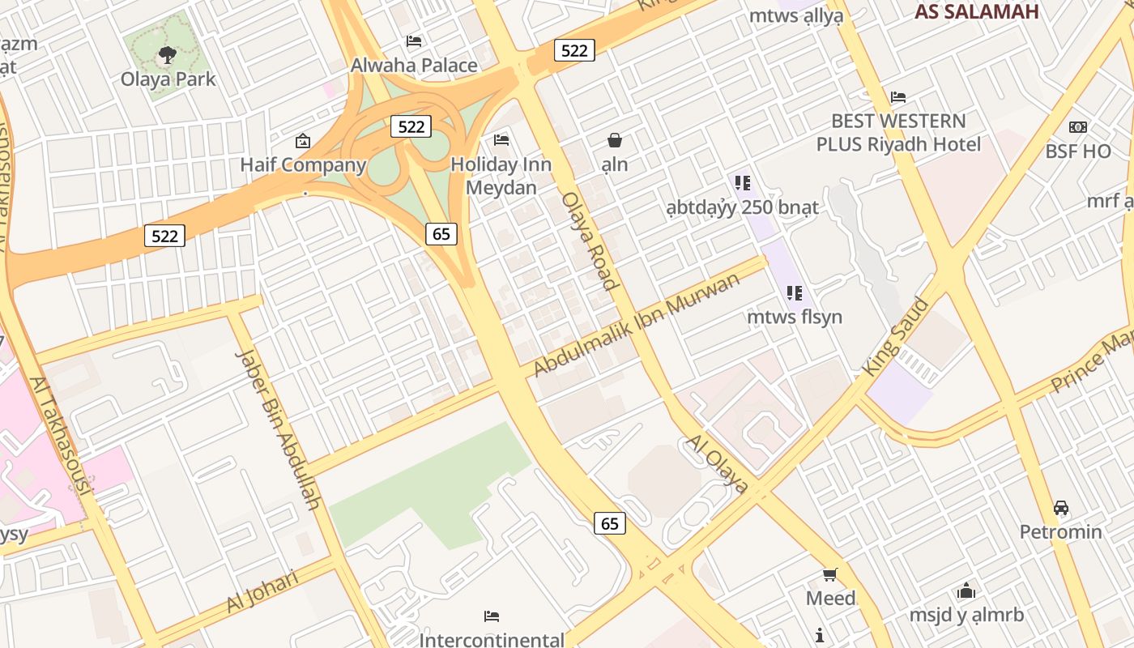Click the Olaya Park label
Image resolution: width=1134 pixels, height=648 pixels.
pyautogui.click(x=168, y=79)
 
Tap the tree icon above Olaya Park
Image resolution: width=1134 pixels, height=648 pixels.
pyautogui.click(x=168, y=55)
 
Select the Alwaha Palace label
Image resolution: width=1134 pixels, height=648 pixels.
pyautogui.click(x=414, y=66)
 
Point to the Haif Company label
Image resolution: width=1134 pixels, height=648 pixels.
pyautogui.click(x=303, y=165)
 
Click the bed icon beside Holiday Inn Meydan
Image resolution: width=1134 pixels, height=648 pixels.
pyautogui.click(x=501, y=140)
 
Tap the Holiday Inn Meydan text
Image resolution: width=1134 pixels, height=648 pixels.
pyautogui.click(x=501, y=176)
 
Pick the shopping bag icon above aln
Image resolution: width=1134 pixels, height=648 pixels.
pyautogui.click(x=615, y=141)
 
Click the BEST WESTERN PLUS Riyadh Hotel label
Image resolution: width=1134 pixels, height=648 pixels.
pyautogui.click(x=898, y=133)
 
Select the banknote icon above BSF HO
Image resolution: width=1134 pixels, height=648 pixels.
pyautogui.click(x=1078, y=127)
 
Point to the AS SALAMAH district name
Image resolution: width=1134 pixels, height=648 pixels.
pyautogui.click(x=976, y=11)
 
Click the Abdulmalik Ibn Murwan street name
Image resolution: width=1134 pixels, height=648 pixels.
pyautogui.click(x=637, y=325)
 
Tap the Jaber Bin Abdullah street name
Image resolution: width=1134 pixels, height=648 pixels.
pyautogui.click(x=277, y=429)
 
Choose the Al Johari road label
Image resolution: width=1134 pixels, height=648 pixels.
pyautogui.click(x=262, y=591)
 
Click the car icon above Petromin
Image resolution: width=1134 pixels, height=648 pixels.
pyautogui.click(x=1061, y=508)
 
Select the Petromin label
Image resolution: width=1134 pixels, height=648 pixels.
pyautogui.click(x=1060, y=532)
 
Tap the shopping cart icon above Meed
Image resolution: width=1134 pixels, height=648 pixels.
pyautogui.click(x=830, y=575)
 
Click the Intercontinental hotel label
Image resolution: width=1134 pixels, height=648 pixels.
pyautogui.click(x=491, y=640)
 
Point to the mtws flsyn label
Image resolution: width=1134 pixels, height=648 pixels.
pyautogui.click(x=794, y=317)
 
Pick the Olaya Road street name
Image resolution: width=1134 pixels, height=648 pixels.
pyautogui.click(x=590, y=241)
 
